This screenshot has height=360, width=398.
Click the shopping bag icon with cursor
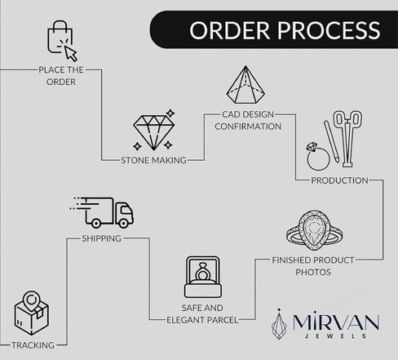[x=62, y=40]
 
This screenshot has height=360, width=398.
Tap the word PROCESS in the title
[x=329, y=30]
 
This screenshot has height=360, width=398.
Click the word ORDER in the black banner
[x=230, y=30]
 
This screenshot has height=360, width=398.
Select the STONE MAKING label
[x=153, y=160]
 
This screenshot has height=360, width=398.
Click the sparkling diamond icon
[x=154, y=131]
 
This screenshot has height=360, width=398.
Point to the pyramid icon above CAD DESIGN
[x=245, y=85]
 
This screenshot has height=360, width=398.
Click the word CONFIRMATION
[x=248, y=127]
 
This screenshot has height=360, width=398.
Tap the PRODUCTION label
[x=339, y=180]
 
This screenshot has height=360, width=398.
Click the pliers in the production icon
[x=347, y=138]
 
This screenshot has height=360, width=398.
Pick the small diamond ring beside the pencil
[x=317, y=156]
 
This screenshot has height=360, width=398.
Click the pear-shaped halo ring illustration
[x=314, y=231]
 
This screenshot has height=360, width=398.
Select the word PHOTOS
[x=313, y=272]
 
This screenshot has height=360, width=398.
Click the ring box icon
[x=203, y=277]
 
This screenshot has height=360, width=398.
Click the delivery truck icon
[x=101, y=212]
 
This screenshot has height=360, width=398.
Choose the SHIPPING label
[x=102, y=238]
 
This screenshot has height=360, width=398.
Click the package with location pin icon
[x=32, y=313]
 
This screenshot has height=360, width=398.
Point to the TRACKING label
[x=33, y=345]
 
